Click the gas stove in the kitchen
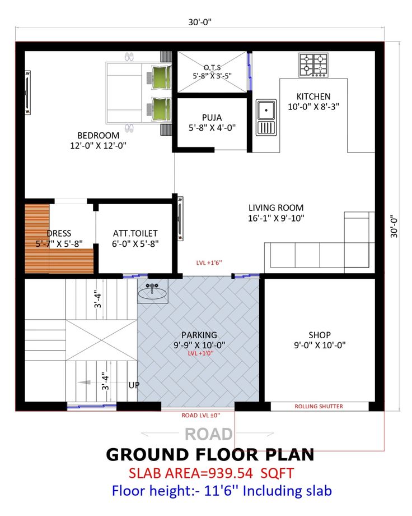pyautogui.click(x=313, y=65)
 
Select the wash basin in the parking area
pyautogui.click(x=152, y=291)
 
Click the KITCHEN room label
pyautogui.click(x=313, y=96)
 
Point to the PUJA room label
pyautogui.click(x=212, y=117)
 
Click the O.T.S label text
pyautogui.click(x=212, y=68)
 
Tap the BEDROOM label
pyautogui.click(x=98, y=135)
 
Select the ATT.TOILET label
pyautogui.click(x=135, y=233)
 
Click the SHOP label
pyautogui.click(x=319, y=335)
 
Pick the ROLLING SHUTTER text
pyautogui.click(x=319, y=407)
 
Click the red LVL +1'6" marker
pyautogui.click(x=209, y=262)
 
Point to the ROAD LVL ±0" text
pyautogui.click(x=201, y=415)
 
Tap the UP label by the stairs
pyautogui.click(x=134, y=385)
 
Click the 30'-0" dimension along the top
pyautogui.click(x=200, y=22)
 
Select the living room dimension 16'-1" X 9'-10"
pyautogui.click(x=276, y=218)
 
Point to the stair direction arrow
pyautogui.click(x=84, y=383)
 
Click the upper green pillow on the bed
pyautogui.click(x=161, y=77)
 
